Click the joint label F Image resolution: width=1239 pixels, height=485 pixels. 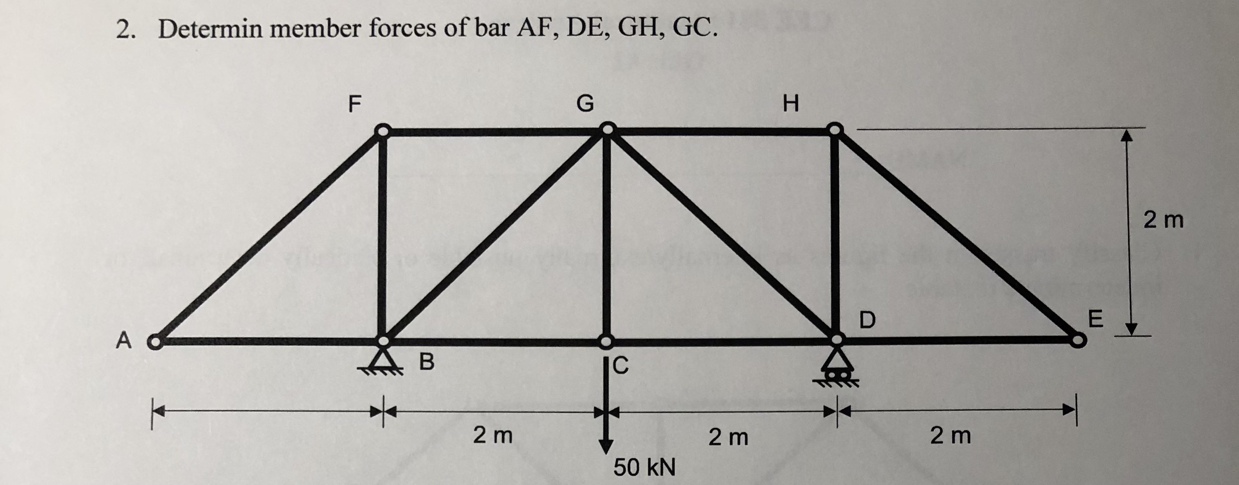pos(354,103)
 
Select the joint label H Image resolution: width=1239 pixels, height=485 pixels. pos(790,103)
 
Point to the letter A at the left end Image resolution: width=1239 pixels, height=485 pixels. pos(124,341)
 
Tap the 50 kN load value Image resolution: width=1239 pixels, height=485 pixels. pos(644,467)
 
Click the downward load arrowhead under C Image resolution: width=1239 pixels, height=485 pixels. pos(606,446)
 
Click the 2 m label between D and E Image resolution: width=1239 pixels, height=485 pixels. pos(951,436)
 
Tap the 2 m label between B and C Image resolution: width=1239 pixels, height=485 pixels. pos(493,436)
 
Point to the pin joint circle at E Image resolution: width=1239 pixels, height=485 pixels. pos(1078,340)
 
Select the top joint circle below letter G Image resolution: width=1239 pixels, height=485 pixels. pos(608,129)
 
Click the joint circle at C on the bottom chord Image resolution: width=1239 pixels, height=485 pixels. pos(606,341)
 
